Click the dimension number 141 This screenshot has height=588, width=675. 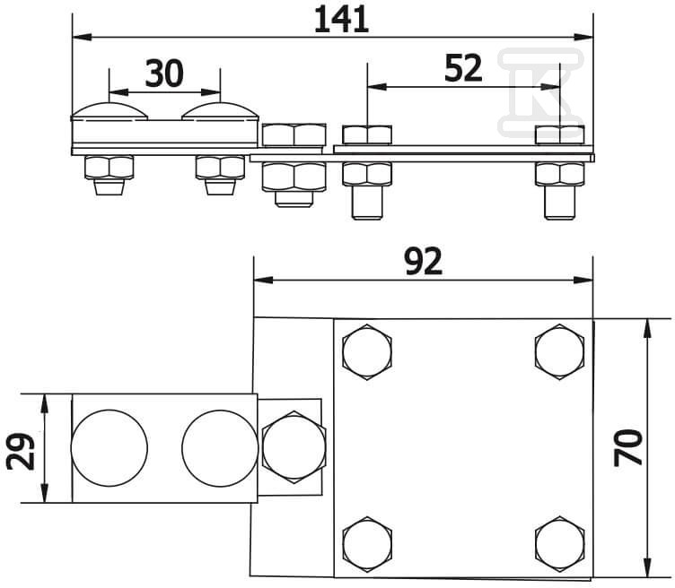[341, 20]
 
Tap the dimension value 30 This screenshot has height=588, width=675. [164, 73]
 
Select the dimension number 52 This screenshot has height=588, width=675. [463, 69]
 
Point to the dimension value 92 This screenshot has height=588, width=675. [424, 262]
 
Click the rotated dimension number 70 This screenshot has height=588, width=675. [628, 447]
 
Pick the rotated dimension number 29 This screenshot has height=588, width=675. [21, 451]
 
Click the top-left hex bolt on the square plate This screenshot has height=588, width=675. [367, 352]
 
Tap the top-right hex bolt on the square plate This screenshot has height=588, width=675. [559, 352]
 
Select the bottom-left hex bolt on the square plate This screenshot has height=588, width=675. [367, 544]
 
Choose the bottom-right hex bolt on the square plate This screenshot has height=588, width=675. [559, 544]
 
